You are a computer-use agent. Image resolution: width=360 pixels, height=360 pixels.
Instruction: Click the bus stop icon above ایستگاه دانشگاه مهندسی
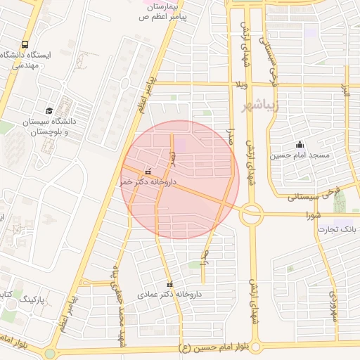tap(25, 43)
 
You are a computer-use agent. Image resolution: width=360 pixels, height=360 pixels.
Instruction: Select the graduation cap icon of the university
tap(49, 110)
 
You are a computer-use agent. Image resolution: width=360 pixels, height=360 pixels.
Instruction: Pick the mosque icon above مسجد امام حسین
tap(300, 143)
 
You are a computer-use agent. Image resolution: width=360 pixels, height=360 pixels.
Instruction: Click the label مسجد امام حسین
tap(304, 154)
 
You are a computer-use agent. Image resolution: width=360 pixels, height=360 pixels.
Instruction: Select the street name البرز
tap(345, 91)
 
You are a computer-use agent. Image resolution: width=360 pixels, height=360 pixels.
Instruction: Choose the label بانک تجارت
tap(336, 229)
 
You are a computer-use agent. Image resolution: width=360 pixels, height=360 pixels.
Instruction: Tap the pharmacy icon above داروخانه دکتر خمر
tap(148, 171)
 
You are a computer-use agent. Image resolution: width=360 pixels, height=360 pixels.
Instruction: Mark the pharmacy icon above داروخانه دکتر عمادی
tap(169, 284)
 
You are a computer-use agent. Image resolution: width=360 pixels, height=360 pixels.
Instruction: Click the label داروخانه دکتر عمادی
tap(164, 295)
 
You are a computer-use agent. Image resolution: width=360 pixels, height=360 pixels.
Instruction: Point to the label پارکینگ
tap(29, 299)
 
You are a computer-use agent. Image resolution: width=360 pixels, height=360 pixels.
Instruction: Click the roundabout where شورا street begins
tap(250, 213)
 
